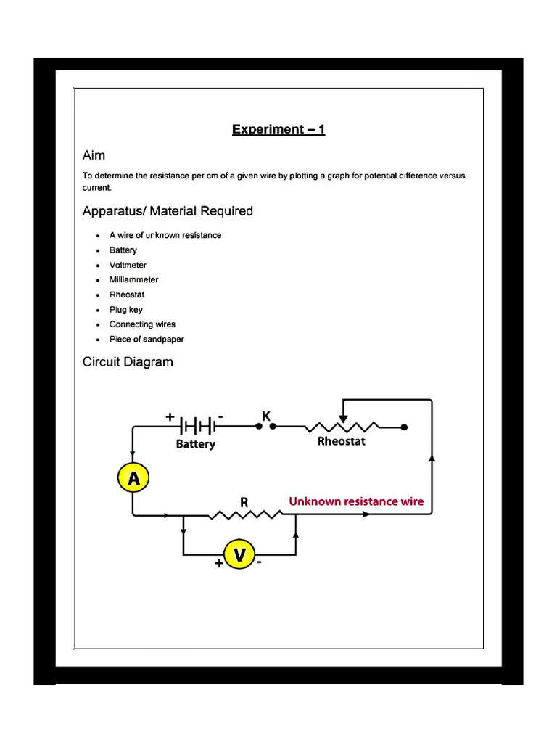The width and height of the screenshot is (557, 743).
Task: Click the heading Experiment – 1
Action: click(278, 130)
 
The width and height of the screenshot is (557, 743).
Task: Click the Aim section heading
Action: click(94, 155)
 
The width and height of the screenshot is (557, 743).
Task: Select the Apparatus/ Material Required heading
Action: click(168, 211)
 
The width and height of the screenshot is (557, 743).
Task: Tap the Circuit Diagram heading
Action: click(128, 361)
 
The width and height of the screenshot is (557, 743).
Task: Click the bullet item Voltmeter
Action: click(128, 265)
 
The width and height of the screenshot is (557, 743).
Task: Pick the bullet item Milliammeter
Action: click(133, 279)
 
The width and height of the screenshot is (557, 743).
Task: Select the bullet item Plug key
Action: click(125, 310)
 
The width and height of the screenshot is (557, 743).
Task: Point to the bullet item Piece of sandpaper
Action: click(147, 340)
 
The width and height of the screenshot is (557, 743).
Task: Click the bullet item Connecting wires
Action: click(142, 324)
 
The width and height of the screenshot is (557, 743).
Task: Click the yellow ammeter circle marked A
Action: click(133, 478)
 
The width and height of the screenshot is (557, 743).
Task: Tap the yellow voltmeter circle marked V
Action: click(239, 555)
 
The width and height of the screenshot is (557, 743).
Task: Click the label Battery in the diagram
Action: click(196, 444)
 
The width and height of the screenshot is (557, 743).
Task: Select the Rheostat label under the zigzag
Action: click(342, 441)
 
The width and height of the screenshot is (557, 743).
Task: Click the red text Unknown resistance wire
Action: click(356, 501)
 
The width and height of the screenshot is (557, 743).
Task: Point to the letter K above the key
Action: click(265, 416)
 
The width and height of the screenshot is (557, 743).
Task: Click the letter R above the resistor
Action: click(244, 501)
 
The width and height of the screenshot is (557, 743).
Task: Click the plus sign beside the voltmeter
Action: click(219, 563)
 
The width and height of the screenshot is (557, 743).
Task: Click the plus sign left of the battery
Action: click(170, 417)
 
